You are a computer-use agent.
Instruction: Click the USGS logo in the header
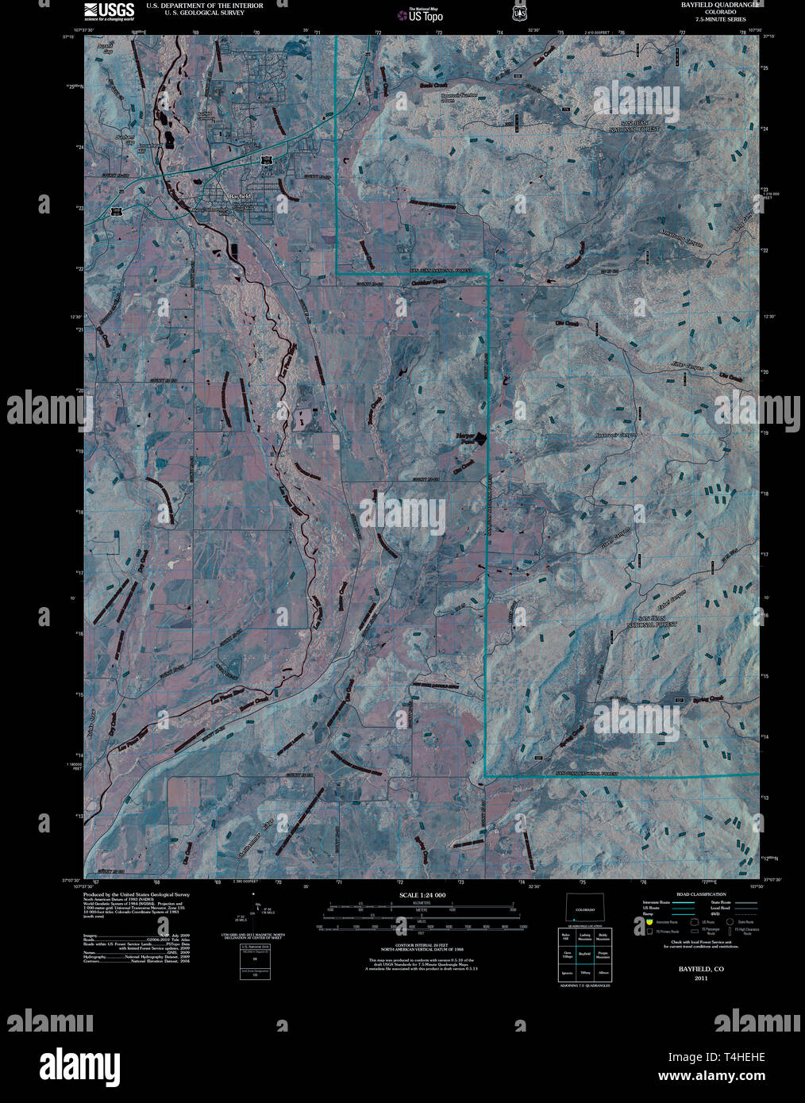click(110, 10)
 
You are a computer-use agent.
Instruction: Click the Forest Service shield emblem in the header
click(520, 12)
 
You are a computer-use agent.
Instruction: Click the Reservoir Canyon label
click(615, 435)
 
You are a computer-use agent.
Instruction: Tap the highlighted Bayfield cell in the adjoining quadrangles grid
click(585, 953)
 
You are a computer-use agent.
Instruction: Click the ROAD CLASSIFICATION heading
click(701, 894)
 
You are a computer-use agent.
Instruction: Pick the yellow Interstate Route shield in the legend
click(649, 922)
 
